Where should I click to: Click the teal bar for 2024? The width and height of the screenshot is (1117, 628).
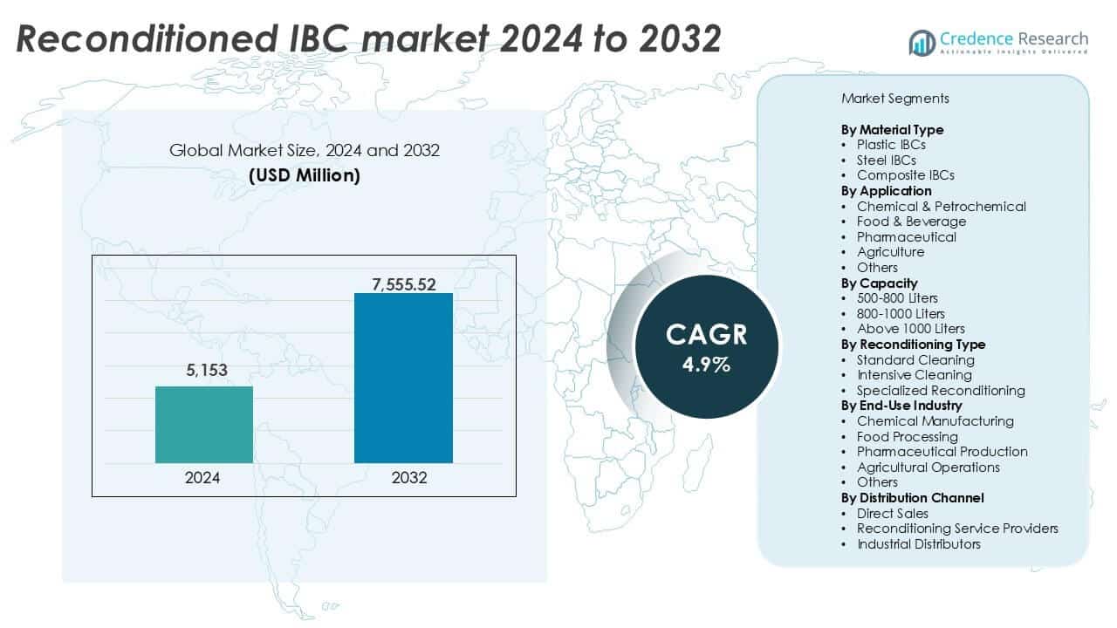204,424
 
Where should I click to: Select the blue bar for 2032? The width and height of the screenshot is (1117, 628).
403,378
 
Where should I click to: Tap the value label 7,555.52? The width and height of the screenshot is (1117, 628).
403,283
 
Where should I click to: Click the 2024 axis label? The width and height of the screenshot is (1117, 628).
203,478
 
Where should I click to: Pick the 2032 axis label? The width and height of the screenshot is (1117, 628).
403,478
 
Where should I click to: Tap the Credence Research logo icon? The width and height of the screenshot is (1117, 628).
921,42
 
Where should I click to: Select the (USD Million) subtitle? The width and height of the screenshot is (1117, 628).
305,175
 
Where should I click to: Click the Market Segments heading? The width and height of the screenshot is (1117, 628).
895,99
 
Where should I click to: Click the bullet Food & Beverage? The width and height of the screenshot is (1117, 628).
911,222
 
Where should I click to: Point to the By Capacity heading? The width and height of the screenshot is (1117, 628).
879,283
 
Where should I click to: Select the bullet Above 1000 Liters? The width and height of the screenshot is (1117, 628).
910,329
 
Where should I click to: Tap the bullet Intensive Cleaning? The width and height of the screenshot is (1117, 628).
914,375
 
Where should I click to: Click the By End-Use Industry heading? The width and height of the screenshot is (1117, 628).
901,406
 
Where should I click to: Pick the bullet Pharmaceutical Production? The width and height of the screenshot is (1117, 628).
942,452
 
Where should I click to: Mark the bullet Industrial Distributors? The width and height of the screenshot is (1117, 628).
918,544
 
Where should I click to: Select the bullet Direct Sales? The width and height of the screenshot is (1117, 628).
892,514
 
